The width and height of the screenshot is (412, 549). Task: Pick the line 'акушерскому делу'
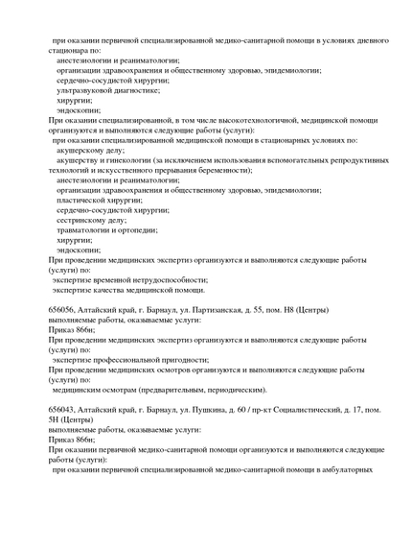90,150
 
